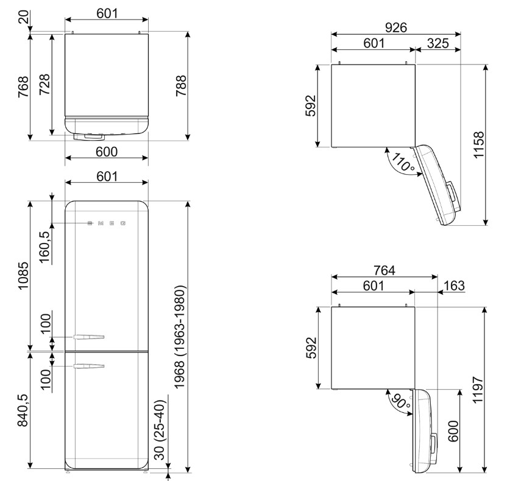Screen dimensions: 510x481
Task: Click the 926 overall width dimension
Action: tap(396, 27)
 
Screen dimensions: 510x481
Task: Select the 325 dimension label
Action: tap(437, 43)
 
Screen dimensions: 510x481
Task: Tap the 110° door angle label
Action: tap(403, 162)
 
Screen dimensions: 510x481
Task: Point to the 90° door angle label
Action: tap(401, 401)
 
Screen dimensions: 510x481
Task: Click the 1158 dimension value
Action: tap(479, 145)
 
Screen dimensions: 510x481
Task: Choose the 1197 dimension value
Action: tap(478, 390)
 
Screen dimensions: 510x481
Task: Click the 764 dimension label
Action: tap(384, 270)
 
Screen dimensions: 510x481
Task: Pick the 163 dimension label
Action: tap(454, 286)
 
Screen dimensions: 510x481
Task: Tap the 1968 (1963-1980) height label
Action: tap(180, 337)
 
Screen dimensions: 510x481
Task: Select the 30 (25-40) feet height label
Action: tap(160, 430)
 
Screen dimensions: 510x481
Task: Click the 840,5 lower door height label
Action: tap(23, 410)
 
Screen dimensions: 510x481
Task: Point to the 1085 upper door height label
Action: tap(23, 276)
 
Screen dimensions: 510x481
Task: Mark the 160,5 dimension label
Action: tap(45, 247)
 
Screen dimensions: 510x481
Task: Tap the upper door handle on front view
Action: tap(89, 337)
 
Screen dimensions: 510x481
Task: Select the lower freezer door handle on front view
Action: tap(89, 367)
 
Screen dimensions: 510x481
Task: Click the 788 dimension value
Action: tap(181, 85)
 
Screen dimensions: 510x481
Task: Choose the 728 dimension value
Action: tap(45, 84)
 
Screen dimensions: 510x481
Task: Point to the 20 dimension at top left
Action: tap(23, 16)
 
